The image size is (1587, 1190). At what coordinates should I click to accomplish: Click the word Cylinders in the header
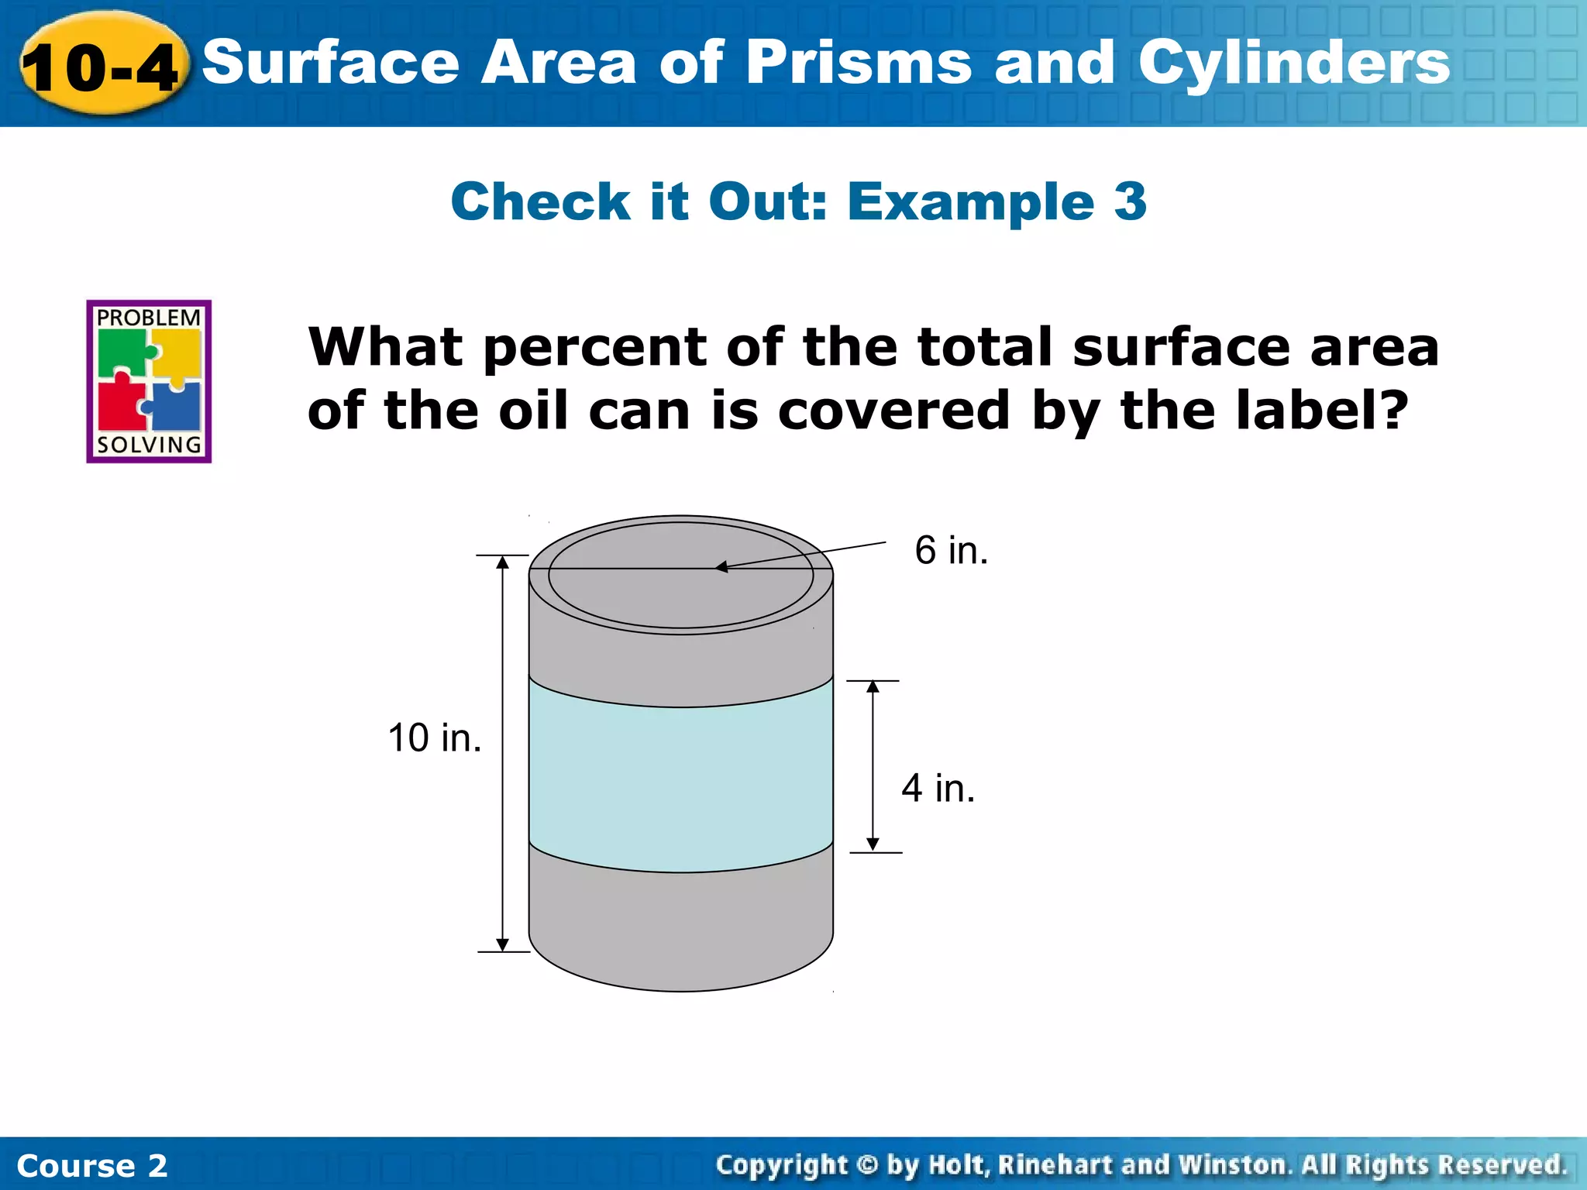pyautogui.click(x=1293, y=64)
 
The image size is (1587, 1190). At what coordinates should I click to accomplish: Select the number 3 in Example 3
pyautogui.click(x=1130, y=201)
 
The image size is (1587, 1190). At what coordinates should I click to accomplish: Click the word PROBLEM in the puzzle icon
pyautogui.click(x=148, y=318)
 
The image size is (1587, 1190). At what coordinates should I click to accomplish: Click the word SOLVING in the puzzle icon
pyautogui.click(x=148, y=445)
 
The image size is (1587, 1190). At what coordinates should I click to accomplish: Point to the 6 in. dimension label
pyautogui.click(x=951, y=550)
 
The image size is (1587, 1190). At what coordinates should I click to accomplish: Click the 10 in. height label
pyautogui.click(x=434, y=738)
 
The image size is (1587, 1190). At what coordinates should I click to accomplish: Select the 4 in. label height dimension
pyautogui.click(x=938, y=788)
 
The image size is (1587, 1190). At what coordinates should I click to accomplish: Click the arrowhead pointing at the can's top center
pyautogui.click(x=721, y=567)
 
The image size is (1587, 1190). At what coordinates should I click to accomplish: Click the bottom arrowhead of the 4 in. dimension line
pyautogui.click(x=873, y=844)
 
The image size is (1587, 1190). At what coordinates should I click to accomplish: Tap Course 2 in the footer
pyautogui.click(x=91, y=1165)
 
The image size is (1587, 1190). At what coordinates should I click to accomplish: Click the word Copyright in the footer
pyautogui.click(x=781, y=1164)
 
